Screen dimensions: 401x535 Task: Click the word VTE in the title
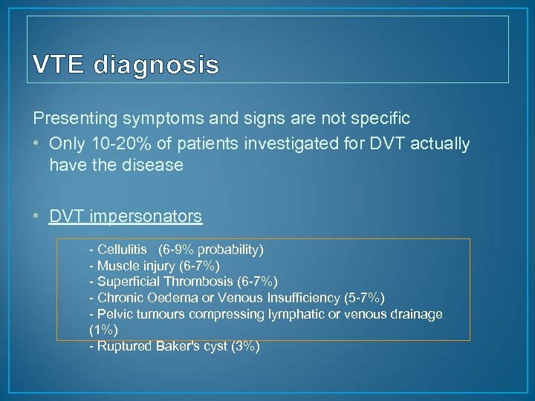pyautogui.click(x=59, y=66)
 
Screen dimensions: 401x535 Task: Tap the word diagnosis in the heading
pyautogui.click(x=156, y=67)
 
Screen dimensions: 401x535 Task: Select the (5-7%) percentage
pyautogui.click(x=365, y=298)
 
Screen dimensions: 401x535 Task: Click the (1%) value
pyautogui.click(x=103, y=330)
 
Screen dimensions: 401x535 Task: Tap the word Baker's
pyautogui.click(x=175, y=346)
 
